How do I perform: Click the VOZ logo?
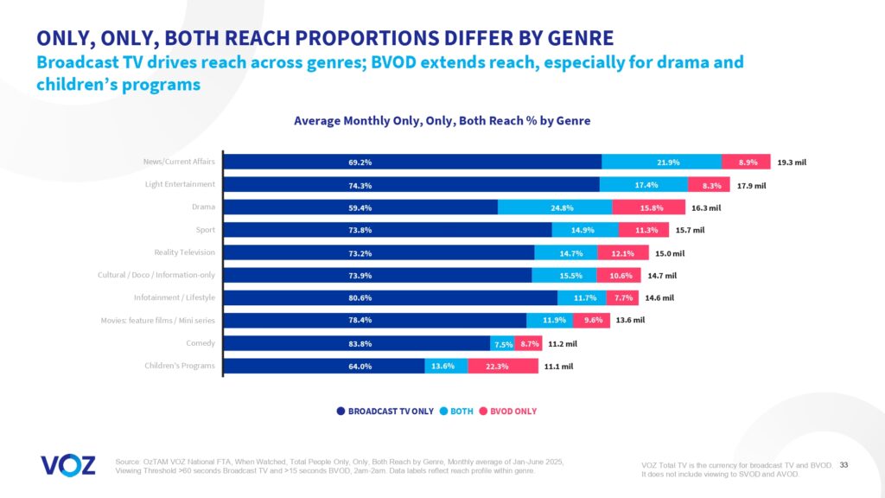(67, 464)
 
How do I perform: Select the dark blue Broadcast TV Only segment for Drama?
(360, 207)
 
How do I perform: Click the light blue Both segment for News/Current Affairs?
(661, 162)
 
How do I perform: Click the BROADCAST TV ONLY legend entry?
(385, 411)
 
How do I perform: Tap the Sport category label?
(205, 230)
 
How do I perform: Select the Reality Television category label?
(184, 252)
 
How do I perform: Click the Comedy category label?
(201, 343)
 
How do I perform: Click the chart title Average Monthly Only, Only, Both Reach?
(442, 121)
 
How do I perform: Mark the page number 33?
(844, 466)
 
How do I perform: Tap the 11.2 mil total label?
(560, 343)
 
